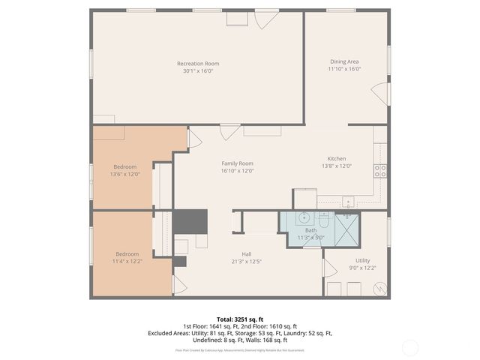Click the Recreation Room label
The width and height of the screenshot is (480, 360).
(x=198, y=64)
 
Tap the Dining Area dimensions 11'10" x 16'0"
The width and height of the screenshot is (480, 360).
(x=345, y=69)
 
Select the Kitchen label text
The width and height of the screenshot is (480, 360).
(x=336, y=159)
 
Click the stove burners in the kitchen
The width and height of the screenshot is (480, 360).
(x=380, y=170)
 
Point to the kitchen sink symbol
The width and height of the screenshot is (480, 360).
(x=349, y=202)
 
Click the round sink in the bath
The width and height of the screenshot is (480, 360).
(x=304, y=218)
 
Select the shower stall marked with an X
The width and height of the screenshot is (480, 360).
(x=346, y=225)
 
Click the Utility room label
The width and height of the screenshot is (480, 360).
(x=362, y=261)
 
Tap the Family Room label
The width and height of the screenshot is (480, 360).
(x=237, y=163)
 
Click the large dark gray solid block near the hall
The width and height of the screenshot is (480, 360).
(x=190, y=222)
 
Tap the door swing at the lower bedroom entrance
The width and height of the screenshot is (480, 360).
(x=178, y=285)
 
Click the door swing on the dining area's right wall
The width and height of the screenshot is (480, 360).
(x=382, y=94)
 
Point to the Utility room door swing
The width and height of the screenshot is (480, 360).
(x=328, y=268)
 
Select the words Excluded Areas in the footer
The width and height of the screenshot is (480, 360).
(x=168, y=332)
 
